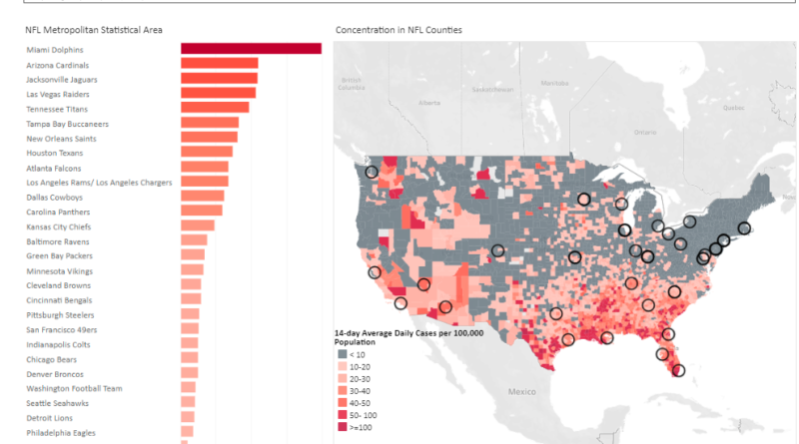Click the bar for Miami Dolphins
pyautogui.click(x=251, y=49)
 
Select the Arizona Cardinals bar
pyautogui.click(x=219, y=64)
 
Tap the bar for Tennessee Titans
pyautogui.click(x=215, y=108)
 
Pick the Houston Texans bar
pyautogui.click(x=207, y=153)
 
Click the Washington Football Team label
pyautogui.click(x=74, y=388)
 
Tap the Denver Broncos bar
pyautogui.click(x=189, y=374)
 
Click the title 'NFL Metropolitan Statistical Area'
pyautogui.click(x=94, y=31)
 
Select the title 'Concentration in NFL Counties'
pyautogui.click(x=399, y=31)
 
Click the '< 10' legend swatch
pyautogui.click(x=343, y=354)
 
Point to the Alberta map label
pyautogui.click(x=429, y=102)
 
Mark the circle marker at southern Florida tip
pyautogui.click(x=679, y=370)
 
